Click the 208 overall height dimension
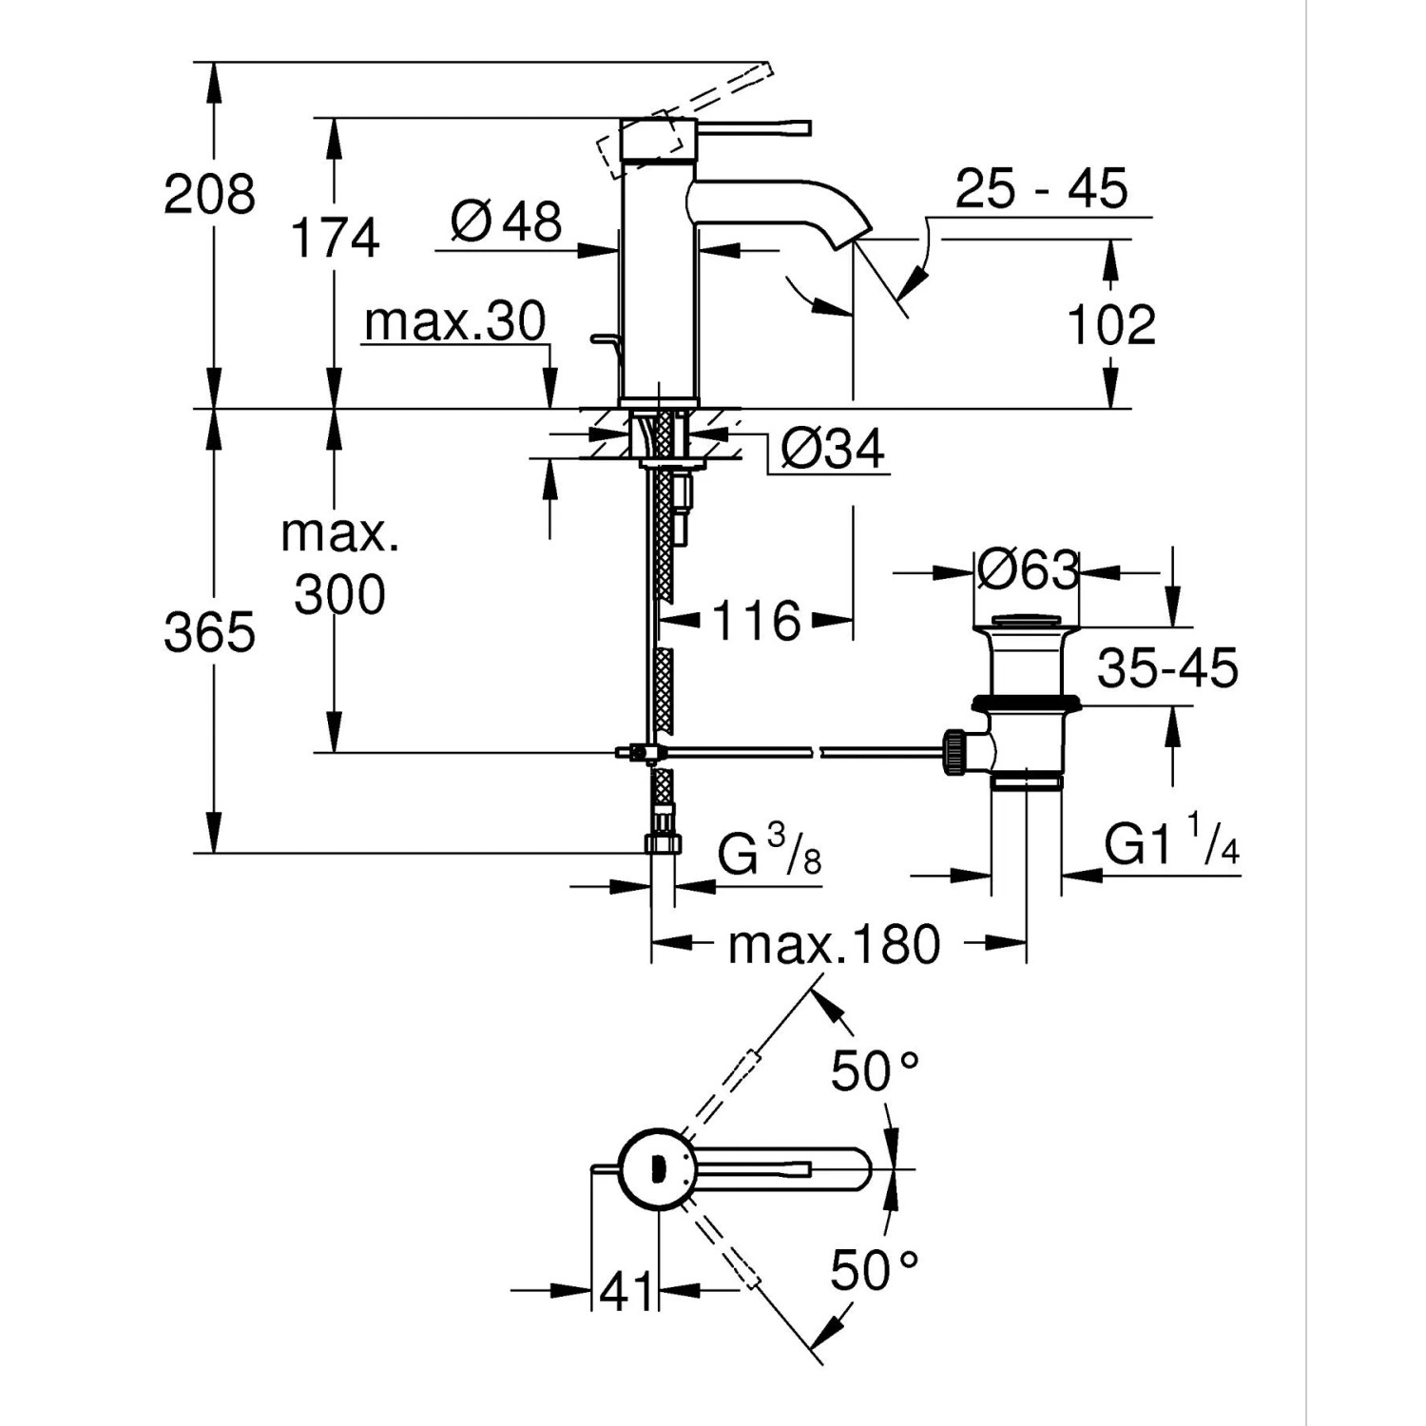click(209, 195)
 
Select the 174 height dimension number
click(335, 238)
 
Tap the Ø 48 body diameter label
click(507, 222)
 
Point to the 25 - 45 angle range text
click(1041, 188)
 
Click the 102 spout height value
click(1110, 325)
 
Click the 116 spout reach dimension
click(756, 622)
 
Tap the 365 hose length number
click(209, 632)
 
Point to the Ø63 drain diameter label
click(1027, 571)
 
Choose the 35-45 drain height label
click(1167, 668)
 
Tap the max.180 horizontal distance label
click(834, 945)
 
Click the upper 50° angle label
click(874, 1071)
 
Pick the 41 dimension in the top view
click(626, 1291)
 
